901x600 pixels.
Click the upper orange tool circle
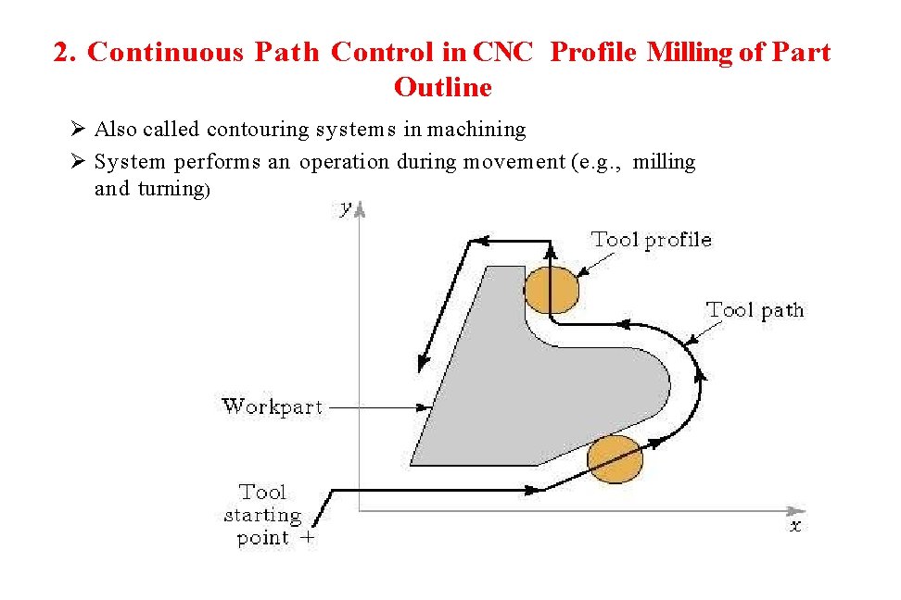pos(551,291)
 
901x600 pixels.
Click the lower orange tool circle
pos(615,459)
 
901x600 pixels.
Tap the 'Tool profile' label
pos(651,240)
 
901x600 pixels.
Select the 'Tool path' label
pos(755,310)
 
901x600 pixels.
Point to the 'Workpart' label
pos(272,406)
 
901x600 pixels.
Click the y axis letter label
pos(346,209)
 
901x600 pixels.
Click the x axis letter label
pos(794,526)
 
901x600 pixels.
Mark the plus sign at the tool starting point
pos(307,537)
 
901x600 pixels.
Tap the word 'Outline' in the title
pos(442,88)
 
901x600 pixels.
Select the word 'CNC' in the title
pos(502,53)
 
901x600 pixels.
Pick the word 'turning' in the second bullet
pos(171,189)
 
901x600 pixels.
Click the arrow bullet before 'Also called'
pos(77,130)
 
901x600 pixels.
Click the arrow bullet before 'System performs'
pos(77,162)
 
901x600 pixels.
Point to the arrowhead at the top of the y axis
pos(361,210)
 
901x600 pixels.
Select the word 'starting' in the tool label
pos(262,515)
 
